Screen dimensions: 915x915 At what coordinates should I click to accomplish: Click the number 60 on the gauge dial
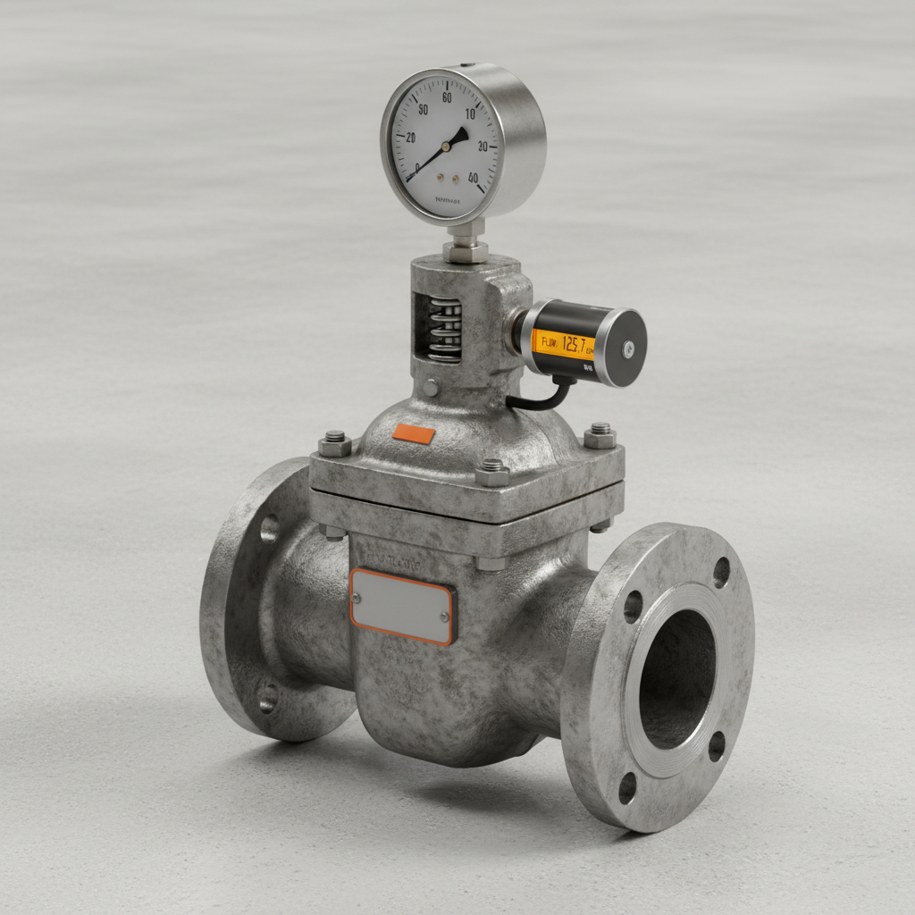(x=446, y=98)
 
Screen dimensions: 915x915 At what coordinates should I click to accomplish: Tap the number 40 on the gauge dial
(x=473, y=177)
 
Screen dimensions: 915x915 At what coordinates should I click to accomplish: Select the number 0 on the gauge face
(x=416, y=167)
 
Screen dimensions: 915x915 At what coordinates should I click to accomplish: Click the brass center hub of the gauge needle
(x=446, y=147)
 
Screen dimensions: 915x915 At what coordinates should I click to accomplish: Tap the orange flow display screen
(x=563, y=342)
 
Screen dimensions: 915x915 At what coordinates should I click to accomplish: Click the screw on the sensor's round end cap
(x=628, y=348)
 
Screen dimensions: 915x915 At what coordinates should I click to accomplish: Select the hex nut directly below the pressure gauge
(x=466, y=250)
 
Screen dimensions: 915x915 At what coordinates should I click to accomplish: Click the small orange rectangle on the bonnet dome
(x=414, y=434)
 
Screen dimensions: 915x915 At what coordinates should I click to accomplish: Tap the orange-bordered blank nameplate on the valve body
(x=402, y=606)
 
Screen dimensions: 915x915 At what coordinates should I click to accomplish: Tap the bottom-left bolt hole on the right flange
(x=627, y=787)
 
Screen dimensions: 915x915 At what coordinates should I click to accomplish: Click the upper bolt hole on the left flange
(x=269, y=529)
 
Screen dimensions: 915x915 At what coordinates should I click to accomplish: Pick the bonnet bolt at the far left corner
(x=335, y=443)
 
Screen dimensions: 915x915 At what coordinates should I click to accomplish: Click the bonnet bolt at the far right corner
(x=600, y=435)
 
